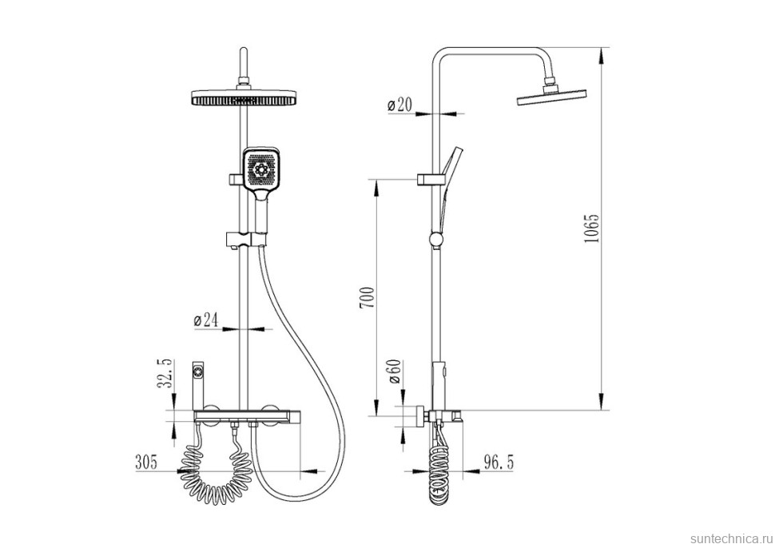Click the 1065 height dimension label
[x=591, y=228]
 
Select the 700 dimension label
[x=367, y=297]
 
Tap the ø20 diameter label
[x=399, y=105]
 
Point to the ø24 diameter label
[x=206, y=320]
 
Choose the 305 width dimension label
[x=145, y=462]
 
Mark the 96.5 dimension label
[x=498, y=463]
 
